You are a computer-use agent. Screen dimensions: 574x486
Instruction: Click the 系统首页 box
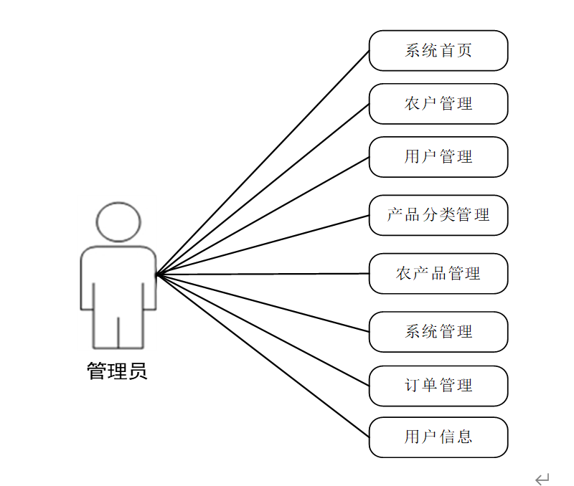438,51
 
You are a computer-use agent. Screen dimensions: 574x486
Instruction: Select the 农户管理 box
438,104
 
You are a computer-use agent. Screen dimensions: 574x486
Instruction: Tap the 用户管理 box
438,157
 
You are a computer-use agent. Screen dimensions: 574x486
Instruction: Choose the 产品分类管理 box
438,215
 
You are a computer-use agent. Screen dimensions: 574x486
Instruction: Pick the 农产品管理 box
438,273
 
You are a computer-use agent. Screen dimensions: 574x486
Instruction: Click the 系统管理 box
438,332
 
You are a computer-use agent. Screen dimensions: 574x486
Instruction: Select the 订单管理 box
438,386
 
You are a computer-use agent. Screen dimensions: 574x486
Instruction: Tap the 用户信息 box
438,437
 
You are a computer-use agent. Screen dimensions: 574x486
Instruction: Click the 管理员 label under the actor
117,371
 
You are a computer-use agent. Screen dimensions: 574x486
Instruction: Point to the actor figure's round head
118,221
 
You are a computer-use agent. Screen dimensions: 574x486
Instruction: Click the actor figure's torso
118,276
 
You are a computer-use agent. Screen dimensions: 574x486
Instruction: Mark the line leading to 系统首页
263,163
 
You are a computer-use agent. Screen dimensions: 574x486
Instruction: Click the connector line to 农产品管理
263,274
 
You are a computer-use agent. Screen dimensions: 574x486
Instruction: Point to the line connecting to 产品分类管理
263,245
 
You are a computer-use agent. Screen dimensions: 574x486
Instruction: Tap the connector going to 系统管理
263,302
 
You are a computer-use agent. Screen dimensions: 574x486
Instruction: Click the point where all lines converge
156,275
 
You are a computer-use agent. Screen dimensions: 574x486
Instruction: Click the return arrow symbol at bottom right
542,478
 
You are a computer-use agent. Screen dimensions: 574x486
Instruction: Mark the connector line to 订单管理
263,330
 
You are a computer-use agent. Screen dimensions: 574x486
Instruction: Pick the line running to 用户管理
263,216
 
